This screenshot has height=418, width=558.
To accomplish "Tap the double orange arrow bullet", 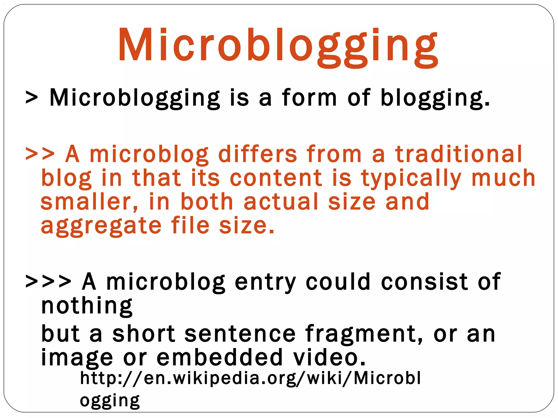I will [x=40, y=154].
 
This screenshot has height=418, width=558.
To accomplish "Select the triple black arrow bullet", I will [x=48, y=281].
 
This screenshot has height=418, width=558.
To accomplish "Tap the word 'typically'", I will [x=411, y=179].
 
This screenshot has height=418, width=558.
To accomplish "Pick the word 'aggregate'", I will [x=101, y=226].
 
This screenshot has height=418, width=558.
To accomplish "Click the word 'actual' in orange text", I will [x=281, y=202].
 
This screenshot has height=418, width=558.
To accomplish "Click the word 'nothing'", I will [x=87, y=306].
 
